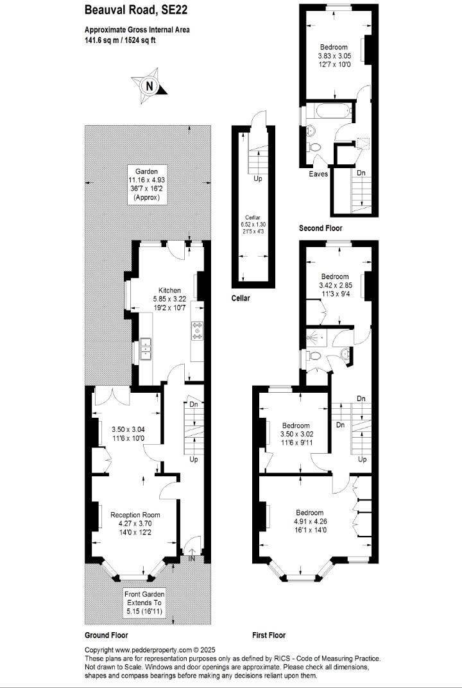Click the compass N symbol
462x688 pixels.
(150, 85)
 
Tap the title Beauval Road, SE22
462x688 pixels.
(131, 10)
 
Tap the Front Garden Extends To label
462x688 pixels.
(144, 603)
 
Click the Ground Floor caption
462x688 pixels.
(107, 635)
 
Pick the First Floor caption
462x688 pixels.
(269, 635)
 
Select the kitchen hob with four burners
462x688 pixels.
(196, 331)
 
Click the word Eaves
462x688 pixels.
(318, 174)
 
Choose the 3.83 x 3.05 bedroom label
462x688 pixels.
(334, 56)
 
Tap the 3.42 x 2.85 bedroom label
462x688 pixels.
(334, 285)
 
